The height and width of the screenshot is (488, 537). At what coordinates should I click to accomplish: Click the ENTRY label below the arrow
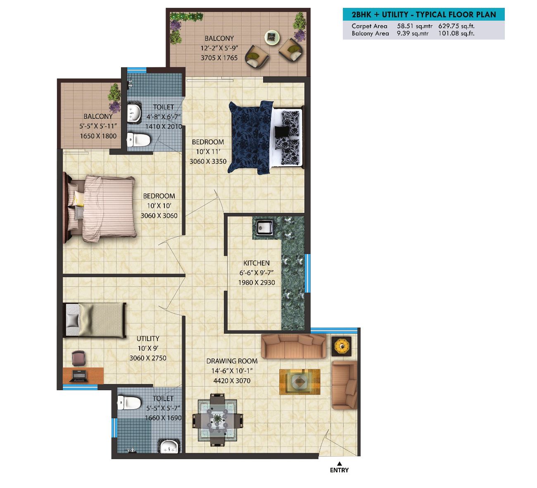tap(339, 470)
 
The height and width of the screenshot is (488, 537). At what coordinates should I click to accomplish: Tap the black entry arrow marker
tap(340, 463)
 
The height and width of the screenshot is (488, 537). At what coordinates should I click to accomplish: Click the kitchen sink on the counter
tap(264, 228)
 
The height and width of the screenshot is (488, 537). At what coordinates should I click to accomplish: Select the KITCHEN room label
tap(257, 263)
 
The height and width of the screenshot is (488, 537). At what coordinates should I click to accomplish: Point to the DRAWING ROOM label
tap(232, 361)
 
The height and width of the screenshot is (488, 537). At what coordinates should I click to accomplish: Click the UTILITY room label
tap(148, 339)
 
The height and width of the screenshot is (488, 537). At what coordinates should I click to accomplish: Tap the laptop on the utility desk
tap(79, 376)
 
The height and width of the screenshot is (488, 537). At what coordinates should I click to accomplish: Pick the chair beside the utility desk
tap(79, 358)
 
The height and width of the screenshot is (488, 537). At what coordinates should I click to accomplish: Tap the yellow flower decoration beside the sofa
tap(342, 347)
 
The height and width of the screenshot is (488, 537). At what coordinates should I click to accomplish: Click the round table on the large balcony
tap(272, 37)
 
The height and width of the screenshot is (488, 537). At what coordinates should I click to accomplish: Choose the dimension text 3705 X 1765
tap(219, 58)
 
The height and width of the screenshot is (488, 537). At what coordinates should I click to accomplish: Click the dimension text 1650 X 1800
tap(98, 136)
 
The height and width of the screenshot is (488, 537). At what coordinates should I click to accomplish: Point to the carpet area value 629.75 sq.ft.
tap(456, 26)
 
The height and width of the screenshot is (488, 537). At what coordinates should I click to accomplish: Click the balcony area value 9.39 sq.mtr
tap(413, 33)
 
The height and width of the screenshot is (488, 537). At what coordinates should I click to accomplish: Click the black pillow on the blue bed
tap(282, 131)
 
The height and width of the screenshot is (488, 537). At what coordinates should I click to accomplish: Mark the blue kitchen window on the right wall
tap(307, 273)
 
